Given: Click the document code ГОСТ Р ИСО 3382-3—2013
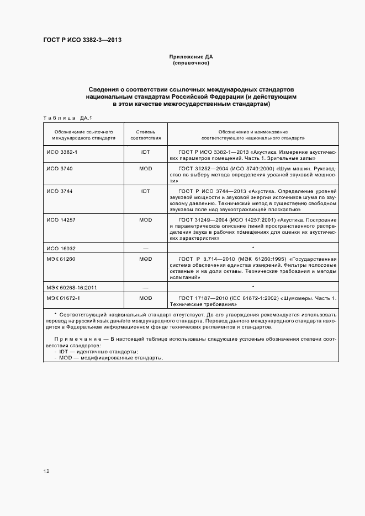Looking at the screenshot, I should point(82,40).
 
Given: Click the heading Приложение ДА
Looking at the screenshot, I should point(191,57).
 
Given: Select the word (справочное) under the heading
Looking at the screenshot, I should point(191,63).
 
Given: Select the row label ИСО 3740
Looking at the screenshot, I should point(56,167).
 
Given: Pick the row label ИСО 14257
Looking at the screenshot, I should point(59,219).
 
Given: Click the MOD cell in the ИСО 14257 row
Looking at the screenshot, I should point(146,219).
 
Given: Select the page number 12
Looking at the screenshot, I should point(46,471).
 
